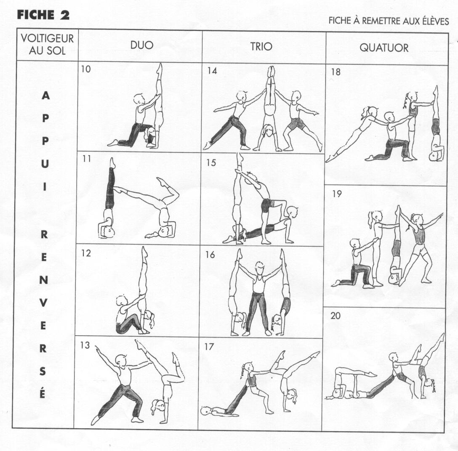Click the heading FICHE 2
pyautogui.click(x=43, y=15)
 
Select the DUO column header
pyautogui.click(x=142, y=45)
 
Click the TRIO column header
pyautogui.click(x=261, y=46)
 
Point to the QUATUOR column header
pyautogui.click(x=384, y=48)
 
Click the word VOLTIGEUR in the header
pyautogui.click(x=47, y=38)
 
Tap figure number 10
pyautogui.click(x=86, y=69)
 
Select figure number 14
pyautogui.click(x=212, y=71)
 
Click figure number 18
pyautogui.click(x=336, y=72)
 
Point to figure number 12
pyautogui.click(x=86, y=253)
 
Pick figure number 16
pyautogui.click(x=210, y=255)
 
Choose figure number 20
pyautogui.click(x=336, y=316)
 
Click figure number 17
pyautogui.click(x=209, y=347)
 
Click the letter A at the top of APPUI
pyautogui.click(x=45, y=96)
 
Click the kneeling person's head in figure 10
pyautogui.click(x=138, y=99)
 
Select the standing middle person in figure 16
pyautogui.click(x=258, y=298)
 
